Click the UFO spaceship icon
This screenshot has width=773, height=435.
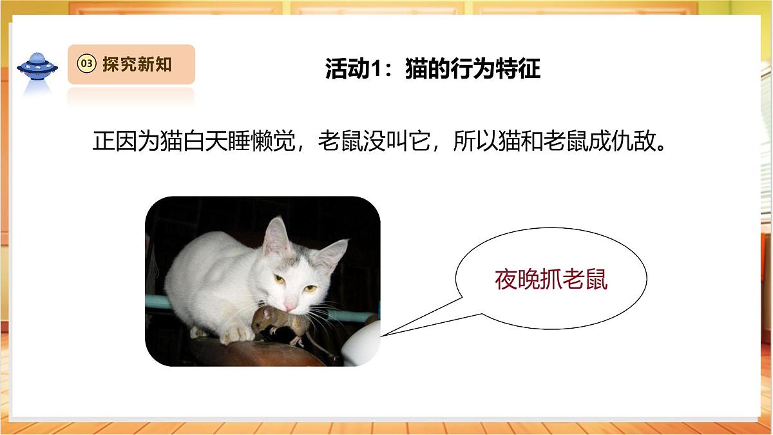pos(37,65)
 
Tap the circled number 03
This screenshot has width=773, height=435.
pos(86,64)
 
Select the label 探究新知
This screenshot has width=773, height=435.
pos(137,64)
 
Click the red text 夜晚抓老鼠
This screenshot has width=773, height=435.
pos(551,280)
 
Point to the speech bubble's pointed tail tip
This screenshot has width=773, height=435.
pos(383,335)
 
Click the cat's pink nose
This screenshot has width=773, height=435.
pos(291,304)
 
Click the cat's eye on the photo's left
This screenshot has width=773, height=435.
pos(280,278)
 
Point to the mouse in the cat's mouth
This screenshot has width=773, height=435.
pos(271,322)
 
